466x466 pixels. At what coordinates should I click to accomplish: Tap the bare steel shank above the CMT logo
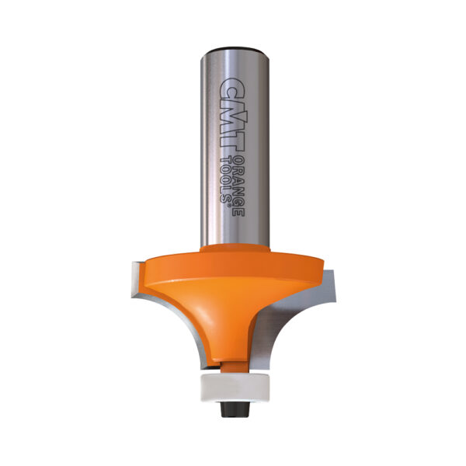click(x=233, y=65)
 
